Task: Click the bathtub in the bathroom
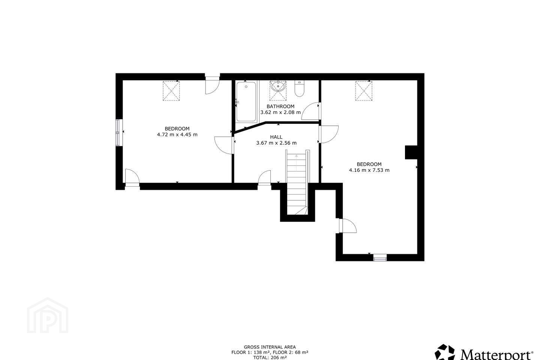coord(246,102)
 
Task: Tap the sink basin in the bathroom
coord(278,86)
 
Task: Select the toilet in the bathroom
coord(299,88)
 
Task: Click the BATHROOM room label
coord(280,106)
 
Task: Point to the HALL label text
coord(276,137)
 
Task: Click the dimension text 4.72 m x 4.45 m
coord(177,135)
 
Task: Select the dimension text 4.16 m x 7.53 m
coord(369,170)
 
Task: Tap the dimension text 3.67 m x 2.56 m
coord(276,143)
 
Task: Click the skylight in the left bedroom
coord(171,91)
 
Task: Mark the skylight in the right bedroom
coord(363,91)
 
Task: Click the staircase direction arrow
coord(296,162)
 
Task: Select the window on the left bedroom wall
coord(118,132)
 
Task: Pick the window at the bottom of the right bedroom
coord(380,258)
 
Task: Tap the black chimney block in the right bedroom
coord(411,152)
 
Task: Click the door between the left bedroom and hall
coord(224,145)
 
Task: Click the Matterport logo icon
coord(445,353)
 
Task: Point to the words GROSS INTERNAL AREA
coord(270,347)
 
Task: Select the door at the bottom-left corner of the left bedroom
coord(132,178)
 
